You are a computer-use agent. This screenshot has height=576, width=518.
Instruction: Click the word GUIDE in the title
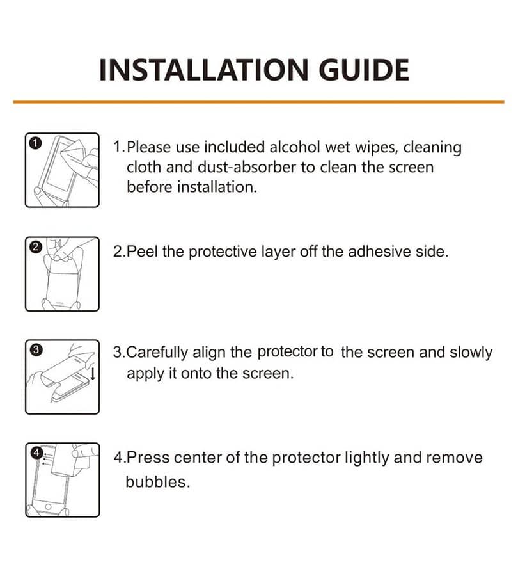point(364,69)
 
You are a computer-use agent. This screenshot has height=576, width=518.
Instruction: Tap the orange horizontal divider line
point(258,102)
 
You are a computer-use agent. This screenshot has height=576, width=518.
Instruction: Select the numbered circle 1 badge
point(35,143)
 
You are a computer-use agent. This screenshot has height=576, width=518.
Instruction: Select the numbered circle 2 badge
point(35,247)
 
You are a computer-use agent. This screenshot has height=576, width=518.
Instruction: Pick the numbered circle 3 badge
point(36,349)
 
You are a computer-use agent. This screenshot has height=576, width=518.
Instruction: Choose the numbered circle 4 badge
point(36,453)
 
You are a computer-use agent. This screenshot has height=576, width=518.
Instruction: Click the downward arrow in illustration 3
point(93,373)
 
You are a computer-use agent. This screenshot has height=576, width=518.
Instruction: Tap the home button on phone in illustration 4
point(48,507)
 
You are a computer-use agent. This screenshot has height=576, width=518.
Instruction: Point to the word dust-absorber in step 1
point(246,167)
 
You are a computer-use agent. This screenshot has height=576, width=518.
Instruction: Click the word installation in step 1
point(217,187)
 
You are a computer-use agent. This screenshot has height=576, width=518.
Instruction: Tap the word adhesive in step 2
point(379,252)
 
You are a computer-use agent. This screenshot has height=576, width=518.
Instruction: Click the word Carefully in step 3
point(157,353)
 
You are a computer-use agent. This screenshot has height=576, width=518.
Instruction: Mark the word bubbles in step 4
point(157,482)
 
